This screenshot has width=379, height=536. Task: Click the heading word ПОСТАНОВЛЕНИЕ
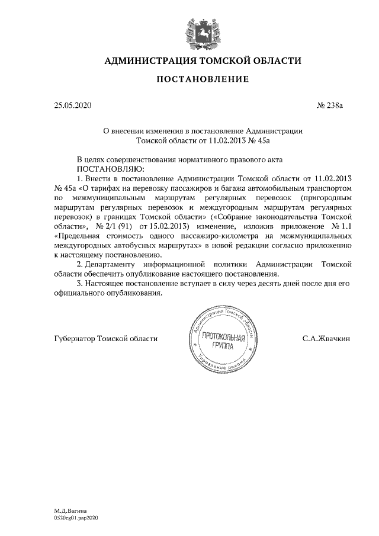click(203, 79)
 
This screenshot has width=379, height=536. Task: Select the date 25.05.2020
click(72, 106)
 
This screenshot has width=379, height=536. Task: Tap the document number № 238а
click(330, 106)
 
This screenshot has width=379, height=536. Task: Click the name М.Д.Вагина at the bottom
click(70, 510)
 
